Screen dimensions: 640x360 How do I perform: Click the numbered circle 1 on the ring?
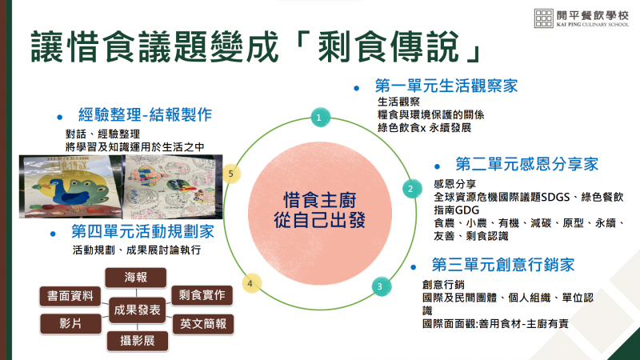pyautogui.click(x=321, y=117)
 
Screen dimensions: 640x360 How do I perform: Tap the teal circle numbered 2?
pyautogui.click(x=412, y=189)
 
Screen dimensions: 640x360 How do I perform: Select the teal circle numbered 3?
pyautogui.click(x=382, y=286)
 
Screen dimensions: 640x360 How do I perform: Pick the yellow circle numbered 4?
pyautogui.click(x=251, y=283)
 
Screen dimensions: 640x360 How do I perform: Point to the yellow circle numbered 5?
pyautogui.click(x=231, y=174)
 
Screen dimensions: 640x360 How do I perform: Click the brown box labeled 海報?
pyautogui.click(x=136, y=278)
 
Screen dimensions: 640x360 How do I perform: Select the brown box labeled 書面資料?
pyautogui.click(x=70, y=296)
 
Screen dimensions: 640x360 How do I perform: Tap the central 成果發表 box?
pyautogui.click(x=137, y=310)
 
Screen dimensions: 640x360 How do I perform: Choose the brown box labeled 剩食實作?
pyautogui.click(x=202, y=295)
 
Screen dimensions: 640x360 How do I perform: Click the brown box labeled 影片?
pyautogui.click(x=70, y=324)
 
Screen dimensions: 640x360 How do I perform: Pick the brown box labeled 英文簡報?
pyautogui.click(x=203, y=325)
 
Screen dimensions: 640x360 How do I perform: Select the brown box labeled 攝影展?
pyautogui.click(x=137, y=342)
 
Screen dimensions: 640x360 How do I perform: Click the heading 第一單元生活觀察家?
pyautogui.click(x=446, y=86)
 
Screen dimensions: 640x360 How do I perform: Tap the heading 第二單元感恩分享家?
pyautogui.click(x=527, y=164)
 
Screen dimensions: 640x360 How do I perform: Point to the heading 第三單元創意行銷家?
pyautogui.click(x=503, y=265)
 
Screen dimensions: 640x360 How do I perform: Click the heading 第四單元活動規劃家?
pyautogui.click(x=143, y=232)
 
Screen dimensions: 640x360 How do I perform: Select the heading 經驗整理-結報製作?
pyautogui.click(x=145, y=114)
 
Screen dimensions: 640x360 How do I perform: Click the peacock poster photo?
pyautogui.click(x=70, y=186)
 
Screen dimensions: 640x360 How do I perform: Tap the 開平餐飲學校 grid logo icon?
pyautogui.click(x=544, y=18)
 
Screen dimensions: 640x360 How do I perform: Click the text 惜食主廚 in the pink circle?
pyautogui.click(x=319, y=200)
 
